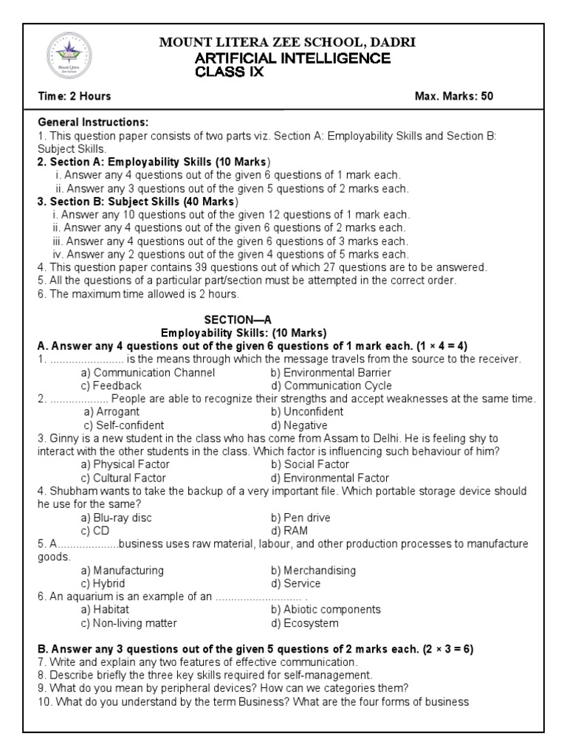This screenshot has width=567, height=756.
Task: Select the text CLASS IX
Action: tap(229, 72)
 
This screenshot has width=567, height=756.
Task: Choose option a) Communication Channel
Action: tap(148, 373)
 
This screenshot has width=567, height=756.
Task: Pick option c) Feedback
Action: tap(111, 385)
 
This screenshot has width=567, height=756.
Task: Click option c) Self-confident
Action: tap(124, 425)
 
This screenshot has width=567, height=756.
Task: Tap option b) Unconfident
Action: tap(306, 412)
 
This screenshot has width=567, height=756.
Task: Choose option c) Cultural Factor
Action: tap(124, 478)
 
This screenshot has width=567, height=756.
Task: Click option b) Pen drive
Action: tap(300, 518)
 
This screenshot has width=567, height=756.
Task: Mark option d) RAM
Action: tap(289, 531)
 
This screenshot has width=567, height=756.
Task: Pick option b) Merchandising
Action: tap(313, 571)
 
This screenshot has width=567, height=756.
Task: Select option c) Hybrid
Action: tap(106, 583)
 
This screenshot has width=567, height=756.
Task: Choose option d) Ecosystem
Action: tap(304, 623)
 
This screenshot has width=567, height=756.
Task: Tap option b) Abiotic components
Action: tap(325, 610)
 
